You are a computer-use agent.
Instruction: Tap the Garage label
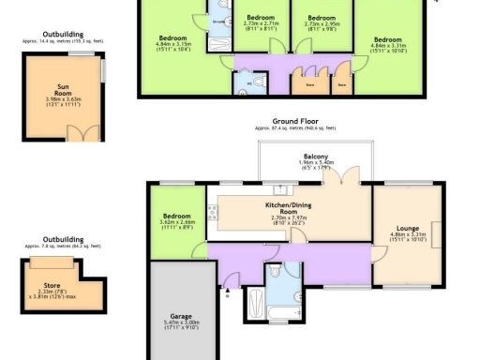point(181,316)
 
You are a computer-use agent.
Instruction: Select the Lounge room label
point(408,228)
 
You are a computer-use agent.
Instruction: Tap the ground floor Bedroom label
point(177,215)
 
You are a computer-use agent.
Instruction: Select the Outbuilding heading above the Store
point(63,238)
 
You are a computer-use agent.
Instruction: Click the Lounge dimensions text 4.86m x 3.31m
point(408,235)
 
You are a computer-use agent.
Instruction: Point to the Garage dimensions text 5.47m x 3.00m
point(181,323)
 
